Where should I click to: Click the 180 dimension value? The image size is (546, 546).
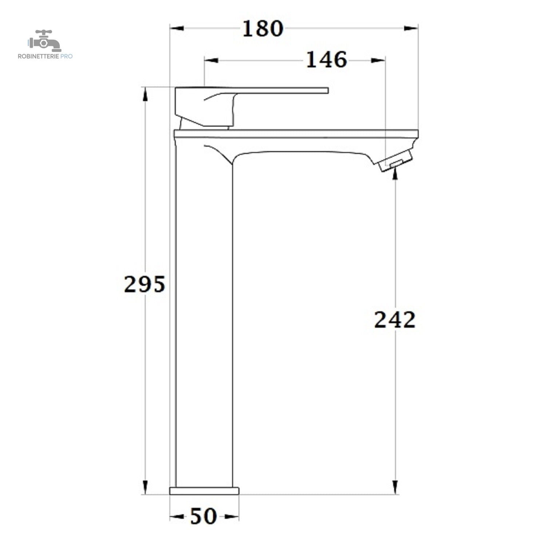262,28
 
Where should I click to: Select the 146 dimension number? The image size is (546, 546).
327,60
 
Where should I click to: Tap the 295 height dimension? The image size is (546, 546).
145,284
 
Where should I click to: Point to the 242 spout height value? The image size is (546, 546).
395,320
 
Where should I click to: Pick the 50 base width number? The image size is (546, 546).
203,516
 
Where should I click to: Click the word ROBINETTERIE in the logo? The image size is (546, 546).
38,56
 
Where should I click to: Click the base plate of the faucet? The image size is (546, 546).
204,491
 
